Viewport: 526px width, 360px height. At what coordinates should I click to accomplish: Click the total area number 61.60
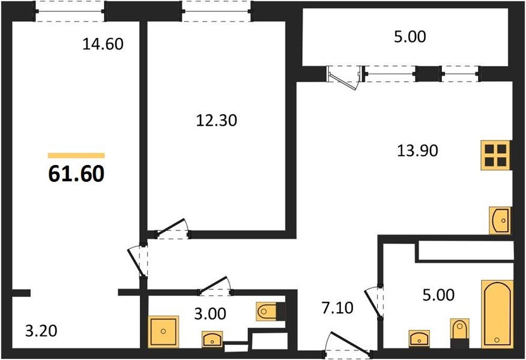[x=76, y=173]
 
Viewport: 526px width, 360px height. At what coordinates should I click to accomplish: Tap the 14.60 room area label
[x=102, y=44]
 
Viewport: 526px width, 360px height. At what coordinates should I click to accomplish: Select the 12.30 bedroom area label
[x=217, y=121]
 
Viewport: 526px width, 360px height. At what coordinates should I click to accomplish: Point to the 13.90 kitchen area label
[x=417, y=151]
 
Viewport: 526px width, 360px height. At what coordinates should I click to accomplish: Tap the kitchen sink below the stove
[x=500, y=220]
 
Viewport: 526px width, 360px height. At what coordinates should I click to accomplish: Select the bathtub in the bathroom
[x=497, y=313]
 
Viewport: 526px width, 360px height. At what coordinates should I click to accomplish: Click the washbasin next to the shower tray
[x=211, y=340]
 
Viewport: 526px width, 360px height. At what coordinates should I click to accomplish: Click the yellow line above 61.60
[x=76, y=155]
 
